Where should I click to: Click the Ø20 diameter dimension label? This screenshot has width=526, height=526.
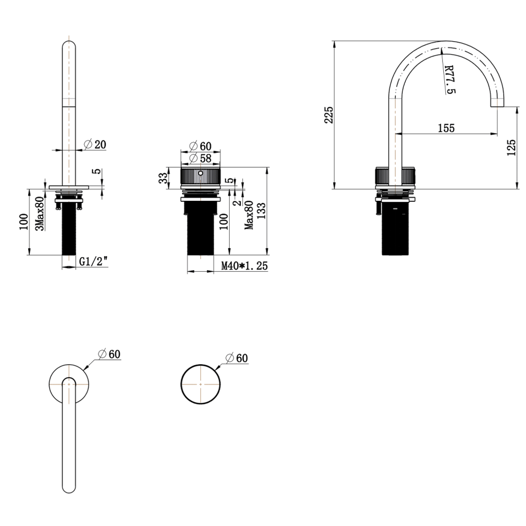pyautogui.click(x=96, y=144)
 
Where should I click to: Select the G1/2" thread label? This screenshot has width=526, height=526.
pyautogui.click(x=94, y=262)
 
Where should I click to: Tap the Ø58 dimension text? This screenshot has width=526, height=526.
pyautogui.click(x=201, y=158)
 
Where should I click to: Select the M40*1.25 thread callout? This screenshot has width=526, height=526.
pyautogui.click(x=244, y=265)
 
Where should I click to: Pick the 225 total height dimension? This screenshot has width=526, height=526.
pyautogui.click(x=329, y=115)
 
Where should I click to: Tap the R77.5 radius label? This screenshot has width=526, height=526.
pyautogui.click(x=449, y=80)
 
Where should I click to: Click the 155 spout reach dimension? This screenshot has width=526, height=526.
pyautogui.click(x=445, y=128)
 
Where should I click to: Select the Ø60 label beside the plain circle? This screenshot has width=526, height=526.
pyautogui.click(x=237, y=358)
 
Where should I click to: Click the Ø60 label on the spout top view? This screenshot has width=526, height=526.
pyautogui.click(x=109, y=354)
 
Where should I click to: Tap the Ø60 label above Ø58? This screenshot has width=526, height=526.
pyautogui.click(x=201, y=146)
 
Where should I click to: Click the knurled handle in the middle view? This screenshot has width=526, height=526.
pyautogui.click(x=201, y=177)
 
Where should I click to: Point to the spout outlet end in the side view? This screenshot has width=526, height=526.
pyautogui.click(x=497, y=104)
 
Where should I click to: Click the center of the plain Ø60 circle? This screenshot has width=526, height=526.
pyautogui.click(x=201, y=384)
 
